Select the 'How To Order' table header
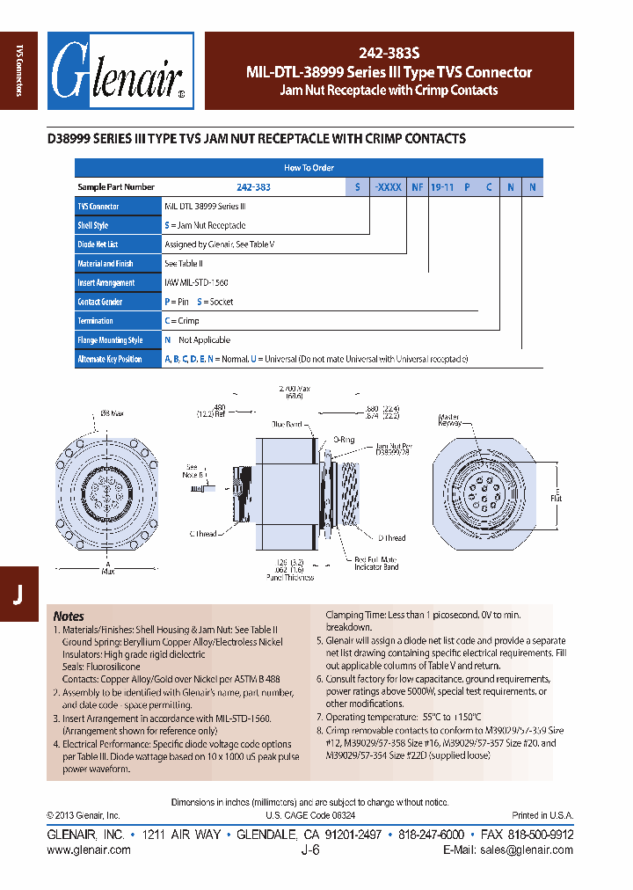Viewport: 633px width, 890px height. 309,167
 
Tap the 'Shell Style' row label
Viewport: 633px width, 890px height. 92,225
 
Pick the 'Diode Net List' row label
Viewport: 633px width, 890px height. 97,244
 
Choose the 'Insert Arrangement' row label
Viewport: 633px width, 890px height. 105,282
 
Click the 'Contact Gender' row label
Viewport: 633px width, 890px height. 101,302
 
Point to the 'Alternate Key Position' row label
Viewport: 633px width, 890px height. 110,359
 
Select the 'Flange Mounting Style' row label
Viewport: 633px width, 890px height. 110,339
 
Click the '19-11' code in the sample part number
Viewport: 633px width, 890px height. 441,186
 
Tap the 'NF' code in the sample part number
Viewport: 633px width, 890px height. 417,186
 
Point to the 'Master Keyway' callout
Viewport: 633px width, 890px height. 450,420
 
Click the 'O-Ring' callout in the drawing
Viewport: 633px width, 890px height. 343,438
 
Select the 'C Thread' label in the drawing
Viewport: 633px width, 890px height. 203,534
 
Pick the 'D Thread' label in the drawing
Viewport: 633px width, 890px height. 392,537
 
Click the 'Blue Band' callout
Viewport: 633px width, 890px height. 287,424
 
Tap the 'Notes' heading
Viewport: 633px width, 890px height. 69,616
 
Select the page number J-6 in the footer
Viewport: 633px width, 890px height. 309,850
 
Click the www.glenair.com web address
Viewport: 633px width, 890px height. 88,850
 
